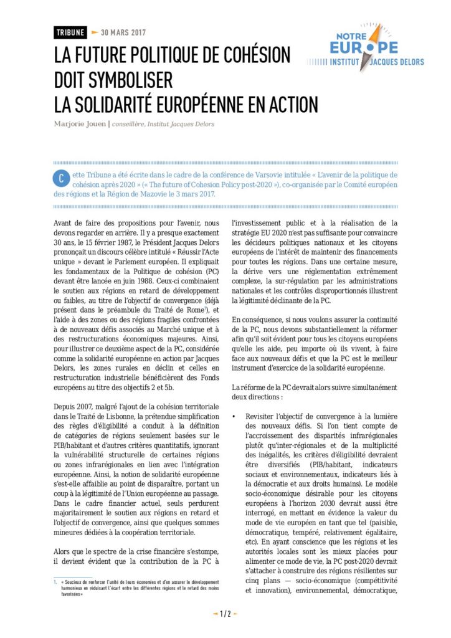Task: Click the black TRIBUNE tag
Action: click(70, 32)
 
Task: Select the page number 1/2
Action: click(225, 614)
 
